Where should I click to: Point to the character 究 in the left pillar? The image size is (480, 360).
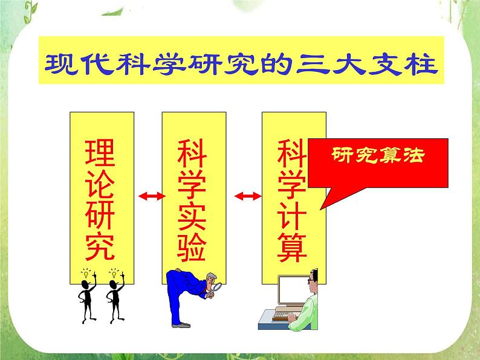(x=98, y=246)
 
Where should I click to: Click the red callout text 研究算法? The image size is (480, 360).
(x=378, y=155)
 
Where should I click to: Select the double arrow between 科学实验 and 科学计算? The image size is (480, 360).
(x=247, y=196)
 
